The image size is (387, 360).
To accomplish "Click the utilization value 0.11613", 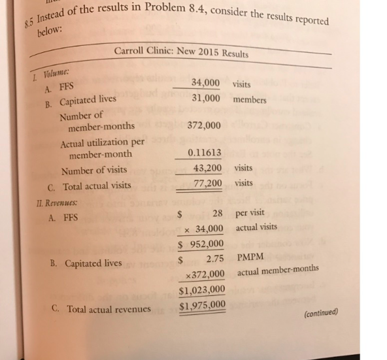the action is tap(205, 152).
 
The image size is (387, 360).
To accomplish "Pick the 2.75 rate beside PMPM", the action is tap(216, 259).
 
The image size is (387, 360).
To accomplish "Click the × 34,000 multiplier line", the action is tap(204, 229).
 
